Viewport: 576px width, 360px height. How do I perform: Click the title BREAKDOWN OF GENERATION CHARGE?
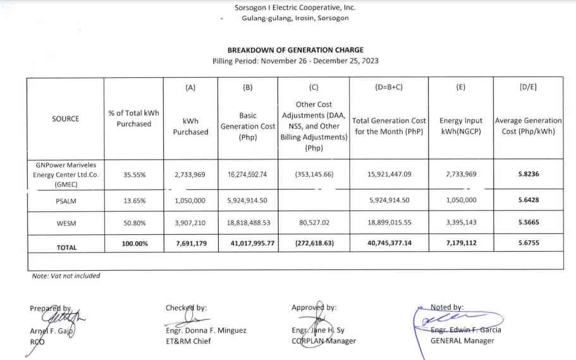point(295,50)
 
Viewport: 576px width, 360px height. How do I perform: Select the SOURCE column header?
point(66,119)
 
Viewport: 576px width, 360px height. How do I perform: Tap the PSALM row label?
point(66,200)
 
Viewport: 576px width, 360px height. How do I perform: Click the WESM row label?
point(66,223)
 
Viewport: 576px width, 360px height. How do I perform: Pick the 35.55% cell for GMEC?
point(133,175)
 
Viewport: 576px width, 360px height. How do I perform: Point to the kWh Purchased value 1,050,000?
point(190,200)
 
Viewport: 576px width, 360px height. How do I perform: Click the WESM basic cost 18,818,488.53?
point(247,223)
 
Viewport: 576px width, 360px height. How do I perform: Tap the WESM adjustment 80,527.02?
point(314,223)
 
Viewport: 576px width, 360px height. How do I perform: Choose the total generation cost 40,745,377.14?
point(389,243)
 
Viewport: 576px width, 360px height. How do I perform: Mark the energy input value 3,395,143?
point(460,223)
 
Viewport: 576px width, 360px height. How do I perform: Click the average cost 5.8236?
point(528,175)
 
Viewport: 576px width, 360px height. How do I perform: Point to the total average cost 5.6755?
point(528,243)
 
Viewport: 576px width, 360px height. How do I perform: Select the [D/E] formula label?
point(528,87)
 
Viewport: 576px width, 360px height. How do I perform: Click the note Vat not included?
point(66,276)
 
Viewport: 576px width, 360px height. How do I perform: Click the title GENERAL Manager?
point(462,340)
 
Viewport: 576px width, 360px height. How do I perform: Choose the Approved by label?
point(314,307)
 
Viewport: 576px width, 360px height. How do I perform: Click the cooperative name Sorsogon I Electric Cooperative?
point(295,8)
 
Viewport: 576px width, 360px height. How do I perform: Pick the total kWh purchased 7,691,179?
point(190,243)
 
